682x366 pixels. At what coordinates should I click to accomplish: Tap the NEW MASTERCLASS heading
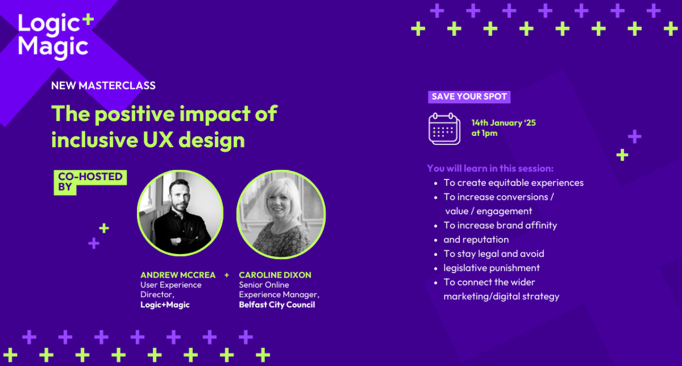point(103,86)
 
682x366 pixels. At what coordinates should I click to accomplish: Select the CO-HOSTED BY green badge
point(90,182)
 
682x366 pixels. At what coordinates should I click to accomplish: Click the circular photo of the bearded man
point(180,213)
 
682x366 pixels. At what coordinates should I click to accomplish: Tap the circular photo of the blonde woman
point(281,214)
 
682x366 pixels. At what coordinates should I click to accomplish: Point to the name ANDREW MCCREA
point(178,275)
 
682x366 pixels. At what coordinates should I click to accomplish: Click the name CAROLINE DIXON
point(275,275)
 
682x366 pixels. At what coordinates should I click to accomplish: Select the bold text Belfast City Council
point(277,305)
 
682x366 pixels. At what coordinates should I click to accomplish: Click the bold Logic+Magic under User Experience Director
point(165,305)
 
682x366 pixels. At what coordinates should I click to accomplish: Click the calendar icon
point(444,129)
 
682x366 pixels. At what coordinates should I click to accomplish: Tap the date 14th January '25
point(504,123)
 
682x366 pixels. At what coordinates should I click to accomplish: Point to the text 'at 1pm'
point(484,133)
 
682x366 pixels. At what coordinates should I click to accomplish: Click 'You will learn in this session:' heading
point(490,168)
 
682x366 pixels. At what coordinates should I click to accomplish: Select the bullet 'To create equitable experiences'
point(513,183)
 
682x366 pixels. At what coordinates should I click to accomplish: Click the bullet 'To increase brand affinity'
point(500,225)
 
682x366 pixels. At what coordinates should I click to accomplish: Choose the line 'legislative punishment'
point(491,268)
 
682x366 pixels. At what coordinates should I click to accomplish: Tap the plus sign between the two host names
point(226,275)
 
